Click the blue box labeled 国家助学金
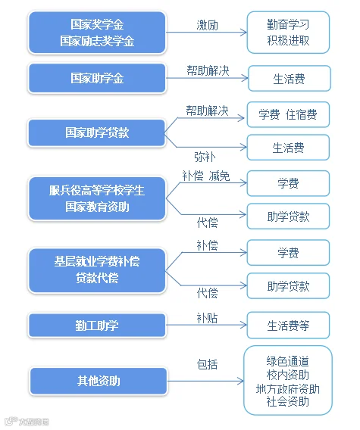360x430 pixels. coord(97,78)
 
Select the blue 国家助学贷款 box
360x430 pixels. coord(96,132)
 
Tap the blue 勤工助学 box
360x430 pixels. coord(97,326)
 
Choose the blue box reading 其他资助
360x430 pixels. coord(99,382)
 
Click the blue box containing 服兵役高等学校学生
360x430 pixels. coord(97,198)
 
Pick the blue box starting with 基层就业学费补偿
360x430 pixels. coord(97,270)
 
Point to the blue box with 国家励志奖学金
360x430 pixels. coord(97,33)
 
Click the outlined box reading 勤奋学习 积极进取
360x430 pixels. coord(288,33)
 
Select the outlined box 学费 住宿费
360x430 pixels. coord(288,114)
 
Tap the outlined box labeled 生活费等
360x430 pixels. coord(288,326)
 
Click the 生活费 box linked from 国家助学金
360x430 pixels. coord(290,79)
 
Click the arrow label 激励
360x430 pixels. coord(208,25)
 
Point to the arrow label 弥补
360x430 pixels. coord(205,157)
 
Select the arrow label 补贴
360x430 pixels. coord(208,318)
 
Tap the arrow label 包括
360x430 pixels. coord(208,365)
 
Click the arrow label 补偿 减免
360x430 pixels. coord(206,176)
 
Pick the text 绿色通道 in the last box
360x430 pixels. coord(288,361)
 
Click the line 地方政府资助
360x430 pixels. coord(288,389)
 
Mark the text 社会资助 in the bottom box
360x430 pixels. coord(288,402)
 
